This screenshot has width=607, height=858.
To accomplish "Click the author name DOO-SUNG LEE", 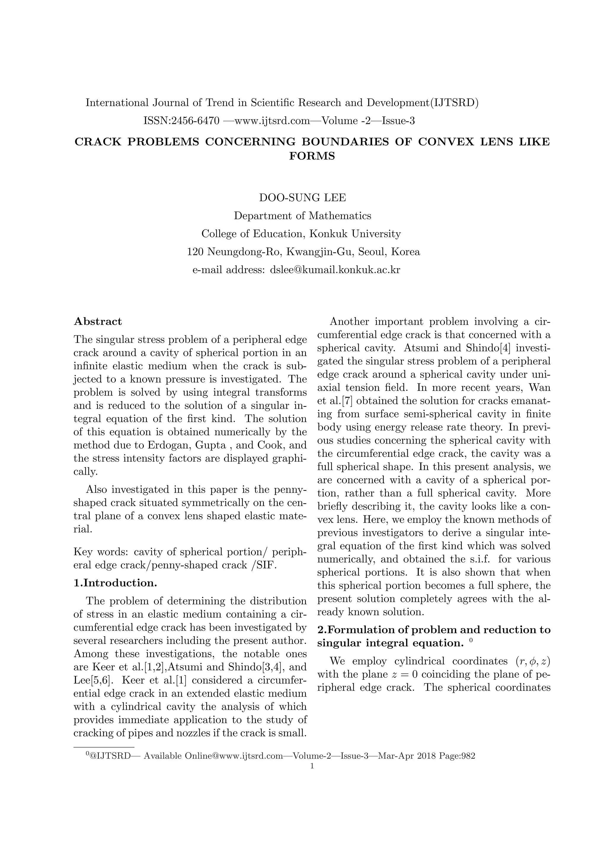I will point(303,198).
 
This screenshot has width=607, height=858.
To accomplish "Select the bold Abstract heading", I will point(98,321).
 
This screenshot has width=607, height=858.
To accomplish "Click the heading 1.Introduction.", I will point(115,583).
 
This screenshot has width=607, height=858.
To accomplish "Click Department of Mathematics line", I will point(303,216).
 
